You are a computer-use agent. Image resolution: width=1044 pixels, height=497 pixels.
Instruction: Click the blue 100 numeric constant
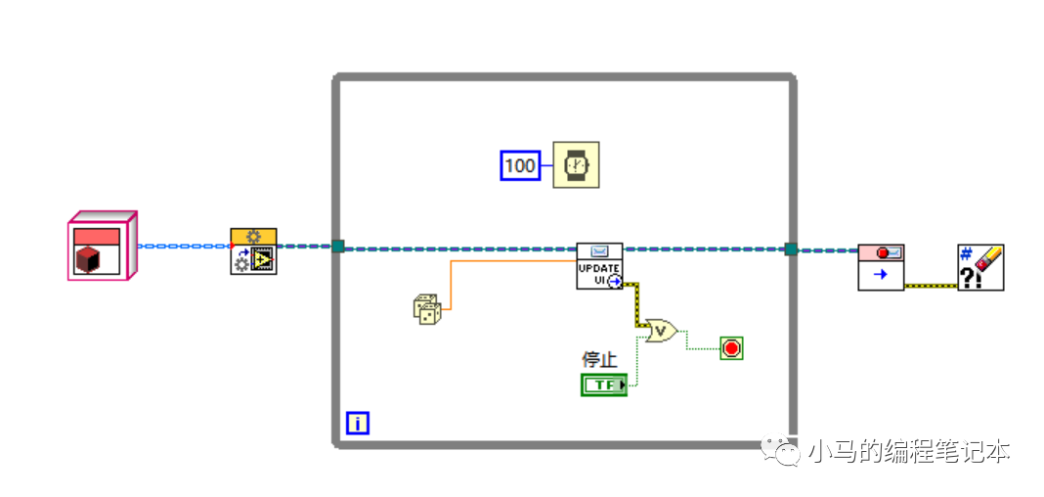coord(520,165)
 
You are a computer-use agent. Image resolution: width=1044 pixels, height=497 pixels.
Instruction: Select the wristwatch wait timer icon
coord(576,165)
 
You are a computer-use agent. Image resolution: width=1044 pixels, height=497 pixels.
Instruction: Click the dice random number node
coord(427,309)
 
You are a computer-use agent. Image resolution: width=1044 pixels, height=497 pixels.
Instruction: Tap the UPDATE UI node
coord(599,266)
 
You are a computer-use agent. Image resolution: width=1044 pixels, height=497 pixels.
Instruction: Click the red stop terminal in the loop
coord(731,347)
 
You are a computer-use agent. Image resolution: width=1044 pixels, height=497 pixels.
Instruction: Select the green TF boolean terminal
coord(603,384)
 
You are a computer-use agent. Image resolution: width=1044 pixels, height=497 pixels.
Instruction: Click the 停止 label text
coord(599,359)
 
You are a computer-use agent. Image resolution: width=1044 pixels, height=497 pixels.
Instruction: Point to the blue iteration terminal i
coord(358,423)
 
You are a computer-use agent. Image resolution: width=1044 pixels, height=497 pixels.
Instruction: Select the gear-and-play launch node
coord(253,251)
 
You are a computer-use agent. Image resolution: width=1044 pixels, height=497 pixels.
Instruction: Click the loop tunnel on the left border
coord(337,248)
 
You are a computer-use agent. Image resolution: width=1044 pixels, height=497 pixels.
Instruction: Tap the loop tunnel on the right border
coord(791,248)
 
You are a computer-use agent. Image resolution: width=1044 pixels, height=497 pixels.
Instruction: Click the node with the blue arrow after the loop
coord(880,267)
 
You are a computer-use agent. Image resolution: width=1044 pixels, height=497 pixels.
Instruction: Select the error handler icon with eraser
coord(980,267)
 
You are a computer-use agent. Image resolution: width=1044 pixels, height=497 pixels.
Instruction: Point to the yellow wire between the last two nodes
coord(931,286)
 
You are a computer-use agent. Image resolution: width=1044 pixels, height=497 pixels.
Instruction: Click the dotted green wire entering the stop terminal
coord(702,347)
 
